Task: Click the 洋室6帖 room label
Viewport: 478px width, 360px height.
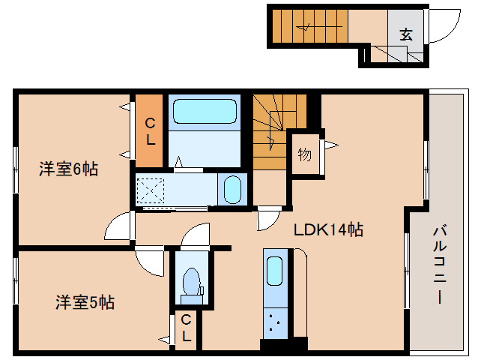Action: click(68, 169)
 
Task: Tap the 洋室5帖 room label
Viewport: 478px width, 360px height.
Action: click(85, 302)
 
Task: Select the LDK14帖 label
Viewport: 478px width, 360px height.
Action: click(327, 230)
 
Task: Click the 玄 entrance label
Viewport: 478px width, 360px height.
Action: click(406, 34)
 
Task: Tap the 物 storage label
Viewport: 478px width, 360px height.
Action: click(304, 154)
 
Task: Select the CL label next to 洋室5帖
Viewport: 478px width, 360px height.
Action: click(186, 328)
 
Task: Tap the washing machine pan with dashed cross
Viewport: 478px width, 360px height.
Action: click(154, 190)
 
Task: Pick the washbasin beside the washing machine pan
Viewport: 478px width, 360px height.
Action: click(234, 190)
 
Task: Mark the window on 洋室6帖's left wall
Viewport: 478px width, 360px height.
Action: click(15, 170)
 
